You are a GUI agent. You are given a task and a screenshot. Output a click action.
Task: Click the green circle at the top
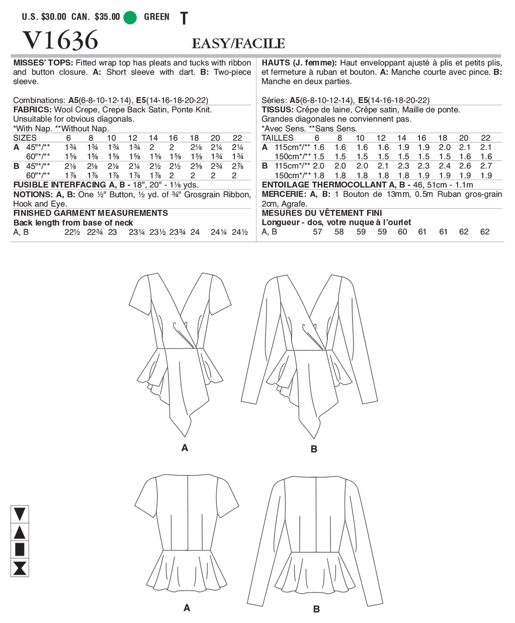pyautogui.click(x=130, y=18)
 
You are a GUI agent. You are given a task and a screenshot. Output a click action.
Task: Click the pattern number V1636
pyautogui.click(x=60, y=40)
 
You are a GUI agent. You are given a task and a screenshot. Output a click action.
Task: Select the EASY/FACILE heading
pyautogui.click(x=238, y=44)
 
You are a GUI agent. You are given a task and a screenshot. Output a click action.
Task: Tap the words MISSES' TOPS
pyautogui.click(x=43, y=63)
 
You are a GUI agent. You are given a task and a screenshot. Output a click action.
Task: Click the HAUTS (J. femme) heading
pyautogui.click(x=299, y=63)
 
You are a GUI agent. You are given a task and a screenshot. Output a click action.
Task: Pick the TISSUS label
pyautogui.click(x=277, y=110)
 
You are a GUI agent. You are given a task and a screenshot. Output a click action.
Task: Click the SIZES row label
pyautogui.click(x=25, y=138)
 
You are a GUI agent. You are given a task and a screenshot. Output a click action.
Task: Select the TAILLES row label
pyautogui.click(x=278, y=138)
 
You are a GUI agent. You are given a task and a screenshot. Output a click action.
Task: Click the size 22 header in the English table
pyautogui.click(x=237, y=138)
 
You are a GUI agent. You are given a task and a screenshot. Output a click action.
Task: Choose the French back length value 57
pyautogui.click(x=317, y=232)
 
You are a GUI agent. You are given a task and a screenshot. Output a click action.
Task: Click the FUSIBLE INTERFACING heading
pyautogui.click(x=60, y=185)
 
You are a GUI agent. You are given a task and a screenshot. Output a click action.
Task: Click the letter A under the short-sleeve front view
pyautogui.click(x=185, y=448)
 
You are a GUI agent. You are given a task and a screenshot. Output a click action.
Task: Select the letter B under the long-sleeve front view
pyautogui.click(x=314, y=449)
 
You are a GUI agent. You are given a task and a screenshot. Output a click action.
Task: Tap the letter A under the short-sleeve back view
pyautogui.click(x=187, y=608)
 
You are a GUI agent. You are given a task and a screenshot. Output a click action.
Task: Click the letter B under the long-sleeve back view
pyautogui.click(x=316, y=609)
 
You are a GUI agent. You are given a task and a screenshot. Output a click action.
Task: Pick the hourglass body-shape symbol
pyautogui.click(x=20, y=568)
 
